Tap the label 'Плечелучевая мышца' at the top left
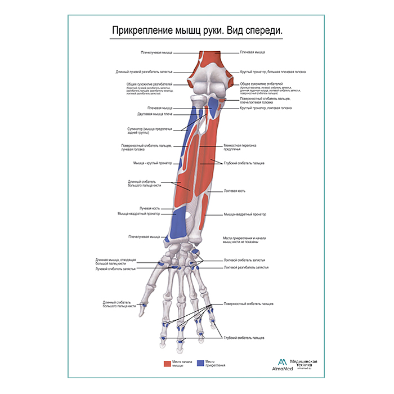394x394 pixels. click(156, 53)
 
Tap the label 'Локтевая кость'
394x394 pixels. click(234, 191)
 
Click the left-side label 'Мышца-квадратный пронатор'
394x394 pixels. click(138, 214)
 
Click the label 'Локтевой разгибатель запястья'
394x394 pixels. click(245, 267)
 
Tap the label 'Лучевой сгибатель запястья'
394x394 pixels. click(115, 269)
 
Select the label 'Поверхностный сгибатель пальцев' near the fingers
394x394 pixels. click(248, 304)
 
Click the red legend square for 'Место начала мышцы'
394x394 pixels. click(167, 364)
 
